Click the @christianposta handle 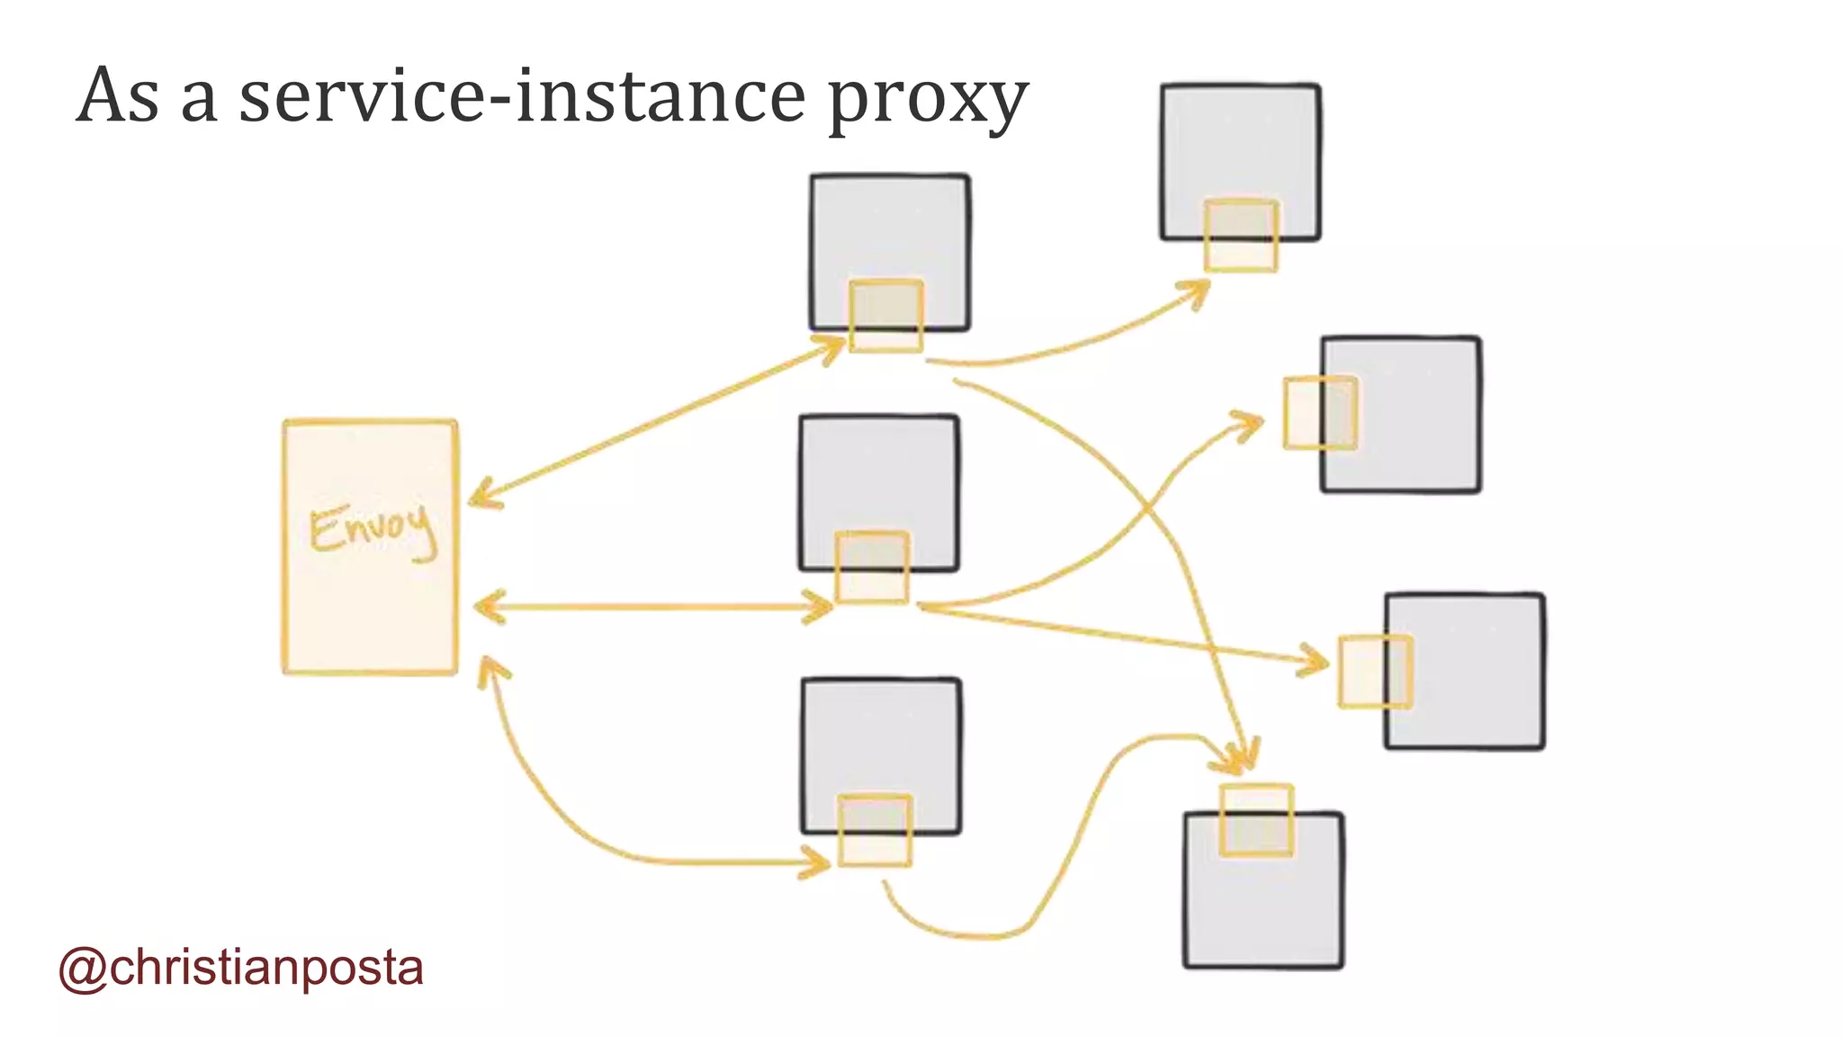click(241, 968)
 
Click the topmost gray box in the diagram click(1240, 144)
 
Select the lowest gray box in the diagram click(1263, 909)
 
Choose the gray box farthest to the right click(1476, 671)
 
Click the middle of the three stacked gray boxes click(878, 477)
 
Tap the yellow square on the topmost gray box click(1241, 235)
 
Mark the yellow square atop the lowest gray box click(1256, 820)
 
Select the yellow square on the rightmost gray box click(1375, 672)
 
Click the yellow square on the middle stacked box click(872, 567)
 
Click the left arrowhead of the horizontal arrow click(486, 607)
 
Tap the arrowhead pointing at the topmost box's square click(1197, 291)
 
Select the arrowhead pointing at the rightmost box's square click(1315, 662)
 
